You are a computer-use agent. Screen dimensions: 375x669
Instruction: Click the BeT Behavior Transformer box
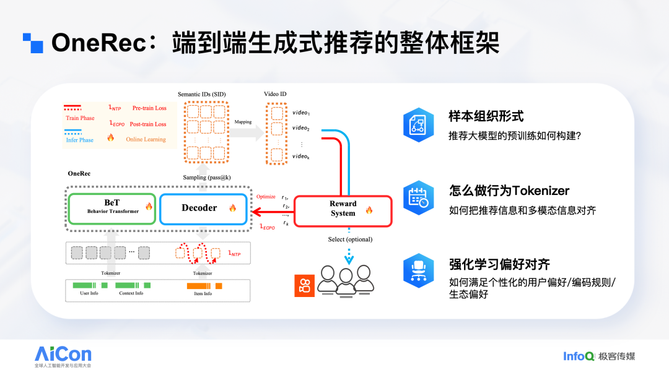112,209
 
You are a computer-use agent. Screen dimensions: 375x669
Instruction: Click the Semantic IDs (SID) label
201,93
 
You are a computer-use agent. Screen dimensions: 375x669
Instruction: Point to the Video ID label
275,93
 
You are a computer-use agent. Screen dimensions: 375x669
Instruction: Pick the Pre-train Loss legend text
149,108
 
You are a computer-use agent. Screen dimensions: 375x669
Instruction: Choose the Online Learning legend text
146,139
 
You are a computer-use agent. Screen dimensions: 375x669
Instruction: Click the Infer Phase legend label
79,140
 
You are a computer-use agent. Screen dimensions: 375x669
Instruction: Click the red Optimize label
266,197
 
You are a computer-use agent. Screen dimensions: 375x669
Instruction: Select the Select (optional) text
350,239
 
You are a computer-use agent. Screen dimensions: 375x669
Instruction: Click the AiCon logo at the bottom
63,355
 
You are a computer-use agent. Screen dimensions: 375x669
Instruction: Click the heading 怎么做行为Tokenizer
509,191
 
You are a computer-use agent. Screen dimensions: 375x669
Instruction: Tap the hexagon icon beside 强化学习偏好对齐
418,270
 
